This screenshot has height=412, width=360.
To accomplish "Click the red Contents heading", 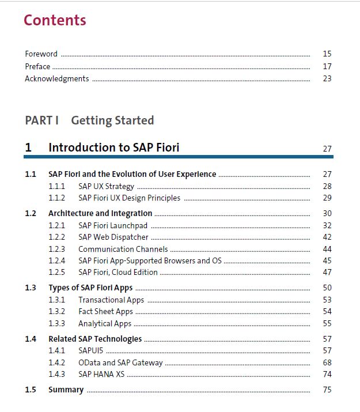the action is coord(55,20).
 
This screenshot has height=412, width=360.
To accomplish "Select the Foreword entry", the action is coord(41,54).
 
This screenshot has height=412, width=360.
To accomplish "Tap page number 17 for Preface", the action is coord(327,66).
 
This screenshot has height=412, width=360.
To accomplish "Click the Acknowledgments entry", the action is coord(57,79).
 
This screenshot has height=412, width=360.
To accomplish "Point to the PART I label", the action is coord(41,120).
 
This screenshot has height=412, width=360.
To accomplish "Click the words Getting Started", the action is coord(112,120).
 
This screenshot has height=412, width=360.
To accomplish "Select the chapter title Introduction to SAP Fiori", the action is coord(114,148).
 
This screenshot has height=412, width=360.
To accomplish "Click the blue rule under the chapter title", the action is coord(179,157).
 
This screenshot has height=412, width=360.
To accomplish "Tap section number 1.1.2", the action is coord(56,198).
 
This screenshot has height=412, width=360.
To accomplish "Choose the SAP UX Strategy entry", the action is coord(107,187).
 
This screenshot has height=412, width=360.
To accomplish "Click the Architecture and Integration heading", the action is coord(100,213).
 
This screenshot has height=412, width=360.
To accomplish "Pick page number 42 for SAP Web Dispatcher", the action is coord(327,237).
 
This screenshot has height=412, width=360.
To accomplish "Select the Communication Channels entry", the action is coord(123,249).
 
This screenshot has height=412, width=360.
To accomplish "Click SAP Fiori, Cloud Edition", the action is coord(118,272).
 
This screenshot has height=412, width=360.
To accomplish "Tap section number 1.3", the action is coord(31,288).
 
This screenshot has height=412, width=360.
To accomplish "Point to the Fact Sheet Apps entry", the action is coord(106,312).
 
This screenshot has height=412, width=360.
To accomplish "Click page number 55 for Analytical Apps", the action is coord(327,323).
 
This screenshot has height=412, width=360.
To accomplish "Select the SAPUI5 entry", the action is coord(91,350).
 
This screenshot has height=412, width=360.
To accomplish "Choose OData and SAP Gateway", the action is coord(120,363).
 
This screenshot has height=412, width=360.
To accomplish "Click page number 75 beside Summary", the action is coord(327,390).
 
